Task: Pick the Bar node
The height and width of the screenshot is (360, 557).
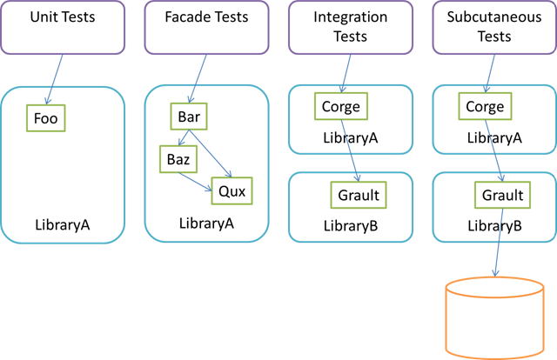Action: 189,117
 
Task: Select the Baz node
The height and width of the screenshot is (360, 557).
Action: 178,159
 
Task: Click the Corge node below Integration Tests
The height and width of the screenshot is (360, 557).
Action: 340,107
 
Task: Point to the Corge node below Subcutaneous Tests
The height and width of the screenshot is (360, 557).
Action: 485,107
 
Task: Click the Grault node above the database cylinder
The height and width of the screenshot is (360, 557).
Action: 502,196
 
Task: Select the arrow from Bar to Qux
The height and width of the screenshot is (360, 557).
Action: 213,153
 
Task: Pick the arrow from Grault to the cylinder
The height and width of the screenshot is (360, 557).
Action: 499,243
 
